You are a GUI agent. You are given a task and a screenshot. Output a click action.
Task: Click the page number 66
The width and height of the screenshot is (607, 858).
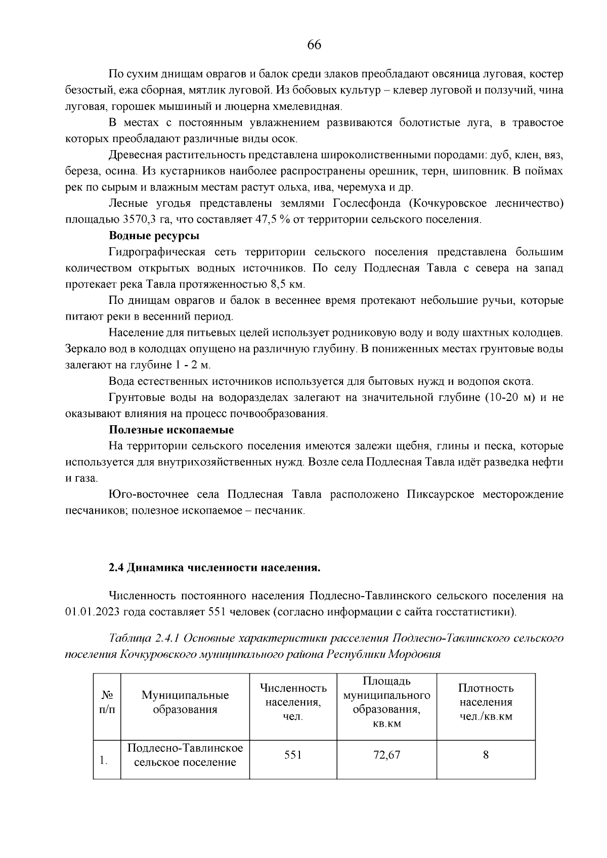[x=314, y=45]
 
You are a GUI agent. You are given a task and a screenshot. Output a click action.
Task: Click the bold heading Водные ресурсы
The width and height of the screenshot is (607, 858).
[x=154, y=236]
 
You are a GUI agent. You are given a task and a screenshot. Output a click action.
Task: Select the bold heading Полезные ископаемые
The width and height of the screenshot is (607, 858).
[x=171, y=430]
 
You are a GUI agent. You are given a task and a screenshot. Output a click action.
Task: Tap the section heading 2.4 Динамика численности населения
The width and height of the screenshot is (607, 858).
[x=215, y=567]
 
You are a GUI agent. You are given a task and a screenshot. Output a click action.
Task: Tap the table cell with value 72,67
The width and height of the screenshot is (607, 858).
[x=386, y=755]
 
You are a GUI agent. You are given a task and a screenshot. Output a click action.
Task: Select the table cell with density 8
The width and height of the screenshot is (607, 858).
[x=486, y=755]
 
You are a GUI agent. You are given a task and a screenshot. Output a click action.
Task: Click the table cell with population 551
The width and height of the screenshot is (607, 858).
[x=293, y=755]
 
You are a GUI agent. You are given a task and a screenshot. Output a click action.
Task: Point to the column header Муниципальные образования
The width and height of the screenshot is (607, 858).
[x=185, y=702]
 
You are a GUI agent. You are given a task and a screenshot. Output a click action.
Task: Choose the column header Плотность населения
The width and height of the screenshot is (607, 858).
[x=486, y=702]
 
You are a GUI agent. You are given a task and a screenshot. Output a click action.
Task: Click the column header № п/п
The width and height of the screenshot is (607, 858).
[x=107, y=702]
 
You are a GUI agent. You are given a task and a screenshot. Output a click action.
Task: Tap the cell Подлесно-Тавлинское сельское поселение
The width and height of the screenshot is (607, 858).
[x=185, y=755]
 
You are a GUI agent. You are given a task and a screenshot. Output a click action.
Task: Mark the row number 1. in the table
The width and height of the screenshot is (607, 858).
[x=103, y=760]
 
